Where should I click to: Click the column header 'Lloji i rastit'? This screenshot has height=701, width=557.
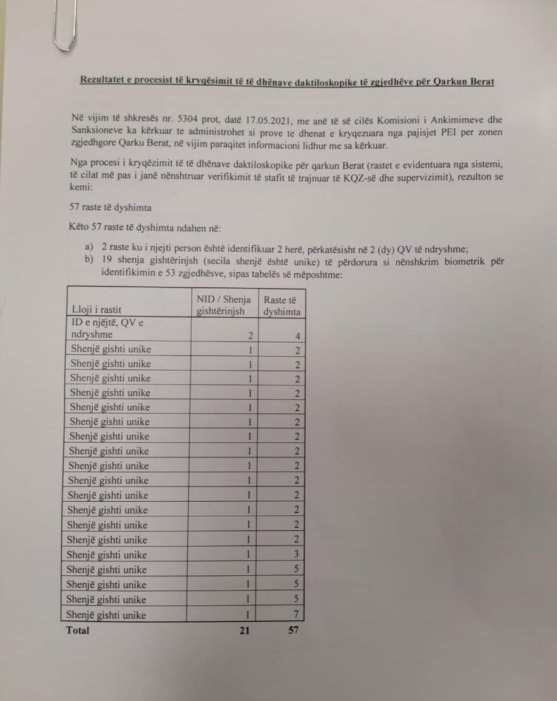pyautogui.click(x=97, y=311)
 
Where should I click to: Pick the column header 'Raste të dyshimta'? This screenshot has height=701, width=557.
pyautogui.click(x=282, y=305)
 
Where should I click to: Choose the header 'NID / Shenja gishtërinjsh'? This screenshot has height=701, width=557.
pyautogui.click(x=224, y=305)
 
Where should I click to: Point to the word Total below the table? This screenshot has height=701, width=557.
pyautogui.click(x=78, y=631)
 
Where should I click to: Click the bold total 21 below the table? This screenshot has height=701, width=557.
pyautogui.click(x=245, y=631)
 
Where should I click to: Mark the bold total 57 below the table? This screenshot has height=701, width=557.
pyautogui.click(x=293, y=631)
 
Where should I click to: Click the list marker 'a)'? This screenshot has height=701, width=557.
pyautogui.click(x=89, y=248)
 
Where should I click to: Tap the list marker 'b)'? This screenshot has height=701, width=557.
pyautogui.click(x=89, y=261)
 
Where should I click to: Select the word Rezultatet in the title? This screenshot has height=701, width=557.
pyautogui.click(x=103, y=81)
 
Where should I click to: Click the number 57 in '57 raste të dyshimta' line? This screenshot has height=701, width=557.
pyautogui.click(x=76, y=207)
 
